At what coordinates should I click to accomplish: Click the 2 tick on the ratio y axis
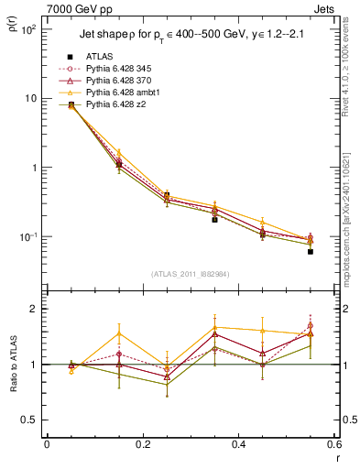click(x=33, y=309)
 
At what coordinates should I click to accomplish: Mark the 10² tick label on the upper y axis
click(x=27, y=29)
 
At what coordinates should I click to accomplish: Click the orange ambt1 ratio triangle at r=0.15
click(x=118, y=333)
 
